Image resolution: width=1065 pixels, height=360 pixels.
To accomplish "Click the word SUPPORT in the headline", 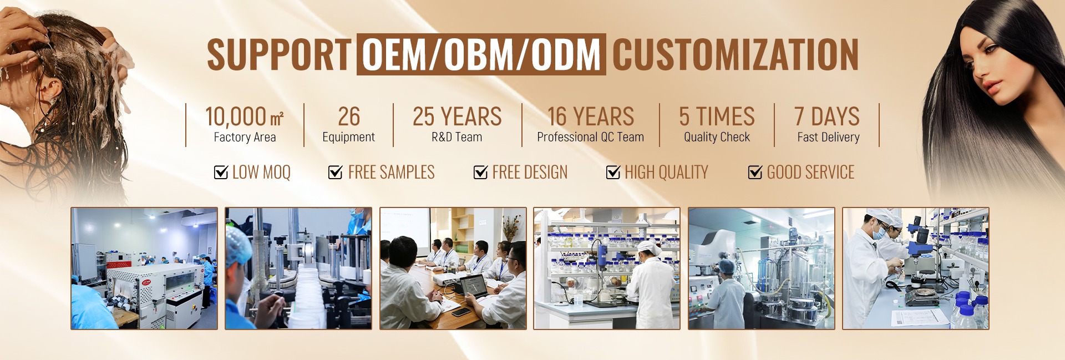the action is click(279, 54).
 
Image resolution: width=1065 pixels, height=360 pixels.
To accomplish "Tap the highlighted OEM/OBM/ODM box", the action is click(481, 54).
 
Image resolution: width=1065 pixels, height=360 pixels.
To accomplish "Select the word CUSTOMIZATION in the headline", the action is click(736, 54).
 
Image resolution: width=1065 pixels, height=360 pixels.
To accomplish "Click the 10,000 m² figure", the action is click(244, 116).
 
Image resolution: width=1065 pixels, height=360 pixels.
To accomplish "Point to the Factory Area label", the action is click(245, 137).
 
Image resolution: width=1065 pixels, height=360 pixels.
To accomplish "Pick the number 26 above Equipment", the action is click(349, 116).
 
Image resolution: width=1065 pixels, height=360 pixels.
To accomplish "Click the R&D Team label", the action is click(457, 137).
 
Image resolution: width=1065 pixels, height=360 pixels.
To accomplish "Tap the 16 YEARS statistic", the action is click(591, 116).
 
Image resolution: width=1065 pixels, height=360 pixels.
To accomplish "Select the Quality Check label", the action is click(717, 137).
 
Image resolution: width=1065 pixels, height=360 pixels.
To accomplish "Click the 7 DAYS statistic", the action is click(827, 116).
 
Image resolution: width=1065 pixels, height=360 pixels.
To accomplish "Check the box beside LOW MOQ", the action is click(221, 172).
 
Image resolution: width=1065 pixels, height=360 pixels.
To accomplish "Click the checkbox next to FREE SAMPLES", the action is click(336, 172).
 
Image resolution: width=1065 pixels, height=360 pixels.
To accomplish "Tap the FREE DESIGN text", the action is click(530, 172).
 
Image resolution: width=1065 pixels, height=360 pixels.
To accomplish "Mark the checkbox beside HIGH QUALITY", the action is click(613, 172).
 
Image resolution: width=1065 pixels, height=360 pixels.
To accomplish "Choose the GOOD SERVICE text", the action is click(810, 172).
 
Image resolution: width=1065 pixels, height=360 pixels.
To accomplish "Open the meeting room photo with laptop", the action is click(453, 268).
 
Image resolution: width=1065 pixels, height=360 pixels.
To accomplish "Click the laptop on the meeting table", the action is click(472, 286).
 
